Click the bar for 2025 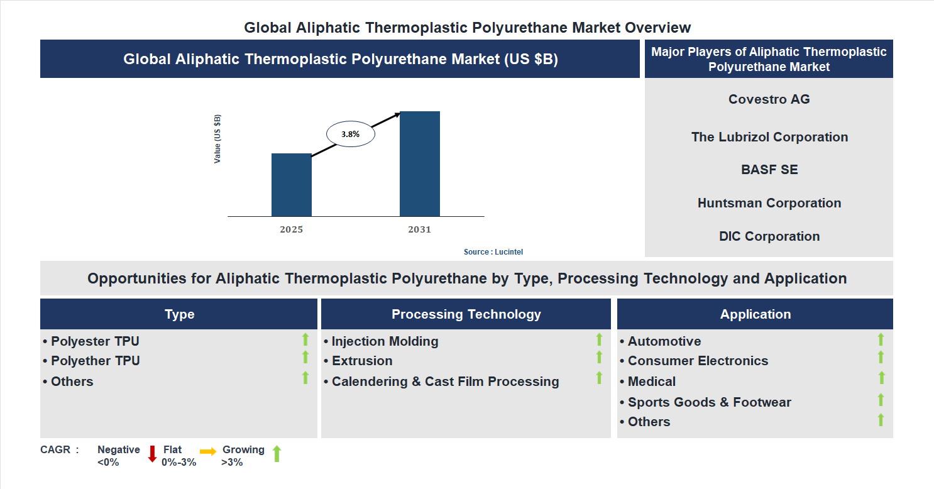[x=291, y=185]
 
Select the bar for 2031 [x=419, y=163]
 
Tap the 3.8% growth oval [x=350, y=134]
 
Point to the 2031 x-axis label [x=419, y=229]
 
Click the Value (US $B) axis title [x=217, y=139]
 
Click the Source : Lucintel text [x=493, y=251]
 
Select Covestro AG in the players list [x=769, y=99]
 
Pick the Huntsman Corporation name [x=769, y=203]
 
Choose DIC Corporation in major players [x=769, y=236]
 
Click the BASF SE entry [x=769, y=170]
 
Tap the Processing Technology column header [x=466, y=314]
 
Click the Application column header [x=755, y=314]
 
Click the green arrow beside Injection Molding [x=599, y=339]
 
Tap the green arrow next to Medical [x=881, y=378]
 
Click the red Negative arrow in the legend [x=152, y=454]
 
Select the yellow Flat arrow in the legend [x=208, y=451]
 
